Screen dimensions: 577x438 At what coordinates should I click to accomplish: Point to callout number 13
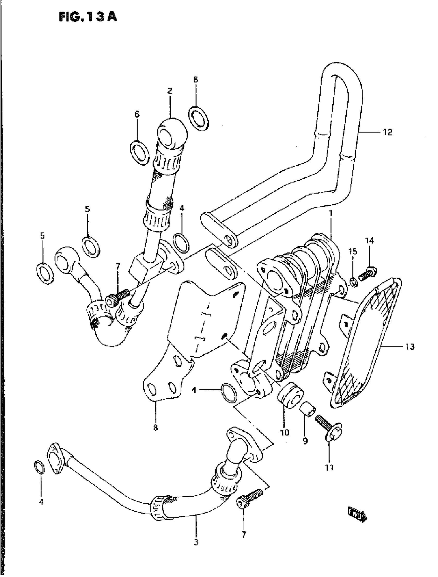point(410,347)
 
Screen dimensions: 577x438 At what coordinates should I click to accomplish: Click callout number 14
point(369,240)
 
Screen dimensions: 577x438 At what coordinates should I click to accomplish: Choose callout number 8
point(155,428)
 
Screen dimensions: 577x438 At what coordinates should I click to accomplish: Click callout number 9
point(305,441)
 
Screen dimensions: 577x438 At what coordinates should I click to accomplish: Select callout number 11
point(329,467)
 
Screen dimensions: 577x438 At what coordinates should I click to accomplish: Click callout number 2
point(170,91)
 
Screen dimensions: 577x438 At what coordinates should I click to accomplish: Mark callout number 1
point(331,214)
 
